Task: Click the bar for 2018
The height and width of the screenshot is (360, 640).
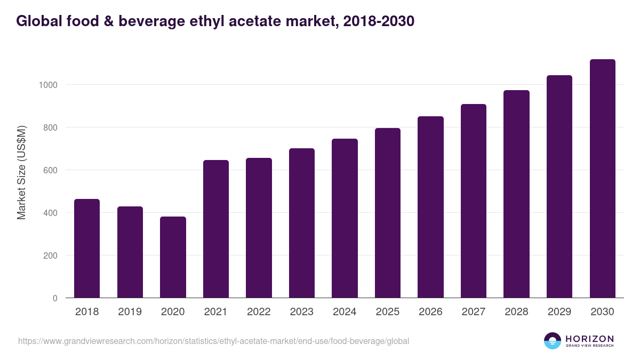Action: click(87, 249)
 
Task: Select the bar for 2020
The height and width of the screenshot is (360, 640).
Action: click(173, 257)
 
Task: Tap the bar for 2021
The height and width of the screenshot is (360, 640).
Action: click(216, 229)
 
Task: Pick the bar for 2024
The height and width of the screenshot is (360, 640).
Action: click(345, 218)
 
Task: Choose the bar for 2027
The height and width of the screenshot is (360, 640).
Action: click(474, 201)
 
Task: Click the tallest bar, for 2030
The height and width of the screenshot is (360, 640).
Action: click(602, 179)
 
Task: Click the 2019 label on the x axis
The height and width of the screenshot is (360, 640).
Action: click(130, 312)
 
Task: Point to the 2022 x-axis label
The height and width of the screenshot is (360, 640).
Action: click(259, 312)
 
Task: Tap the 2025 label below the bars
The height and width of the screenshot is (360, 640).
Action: click(388, 312)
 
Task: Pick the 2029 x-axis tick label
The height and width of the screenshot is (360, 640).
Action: click(559, 312)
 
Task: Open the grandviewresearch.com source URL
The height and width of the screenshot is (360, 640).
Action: click(213, 341)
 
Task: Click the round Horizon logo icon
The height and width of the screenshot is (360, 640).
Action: click(553, 341)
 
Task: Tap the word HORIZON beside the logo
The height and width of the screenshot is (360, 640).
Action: click(589, 338)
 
